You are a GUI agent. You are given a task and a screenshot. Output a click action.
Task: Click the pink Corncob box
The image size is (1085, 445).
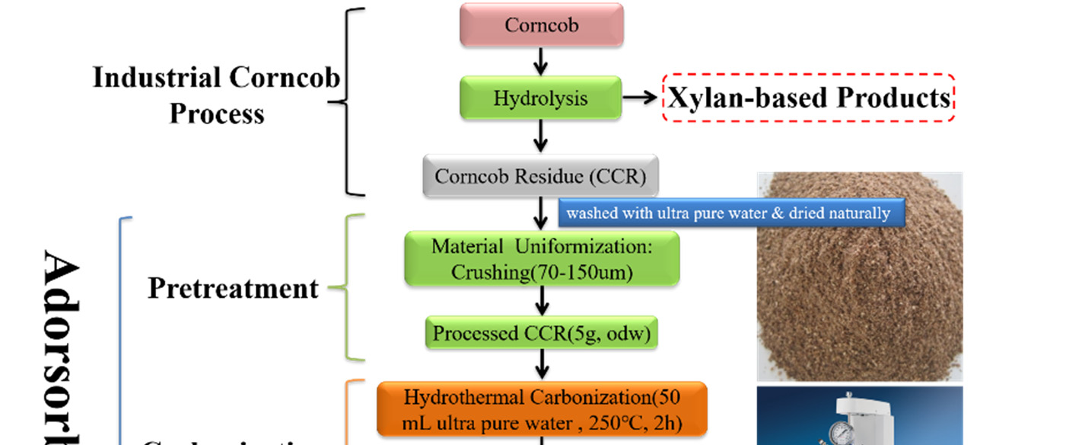541,25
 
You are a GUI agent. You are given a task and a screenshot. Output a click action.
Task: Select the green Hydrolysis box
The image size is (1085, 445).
540,98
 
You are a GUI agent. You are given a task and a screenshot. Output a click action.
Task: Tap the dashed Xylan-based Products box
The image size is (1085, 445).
808,98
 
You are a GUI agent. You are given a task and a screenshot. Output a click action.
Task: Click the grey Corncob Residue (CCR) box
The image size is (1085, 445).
540,177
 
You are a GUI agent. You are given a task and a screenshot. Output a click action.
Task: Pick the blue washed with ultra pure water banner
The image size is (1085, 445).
730,213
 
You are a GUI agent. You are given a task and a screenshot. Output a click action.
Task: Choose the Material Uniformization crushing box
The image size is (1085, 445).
542,259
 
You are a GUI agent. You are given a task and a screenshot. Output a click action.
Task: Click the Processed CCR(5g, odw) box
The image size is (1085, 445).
540,334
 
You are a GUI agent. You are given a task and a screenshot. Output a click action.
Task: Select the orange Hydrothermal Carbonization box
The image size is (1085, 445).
542,408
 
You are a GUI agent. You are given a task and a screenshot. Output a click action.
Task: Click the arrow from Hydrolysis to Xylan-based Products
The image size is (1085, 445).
640,98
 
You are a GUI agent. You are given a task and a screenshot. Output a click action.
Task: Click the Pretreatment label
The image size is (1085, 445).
233,289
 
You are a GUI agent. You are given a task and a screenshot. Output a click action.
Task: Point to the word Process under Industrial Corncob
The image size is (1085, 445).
217,114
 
